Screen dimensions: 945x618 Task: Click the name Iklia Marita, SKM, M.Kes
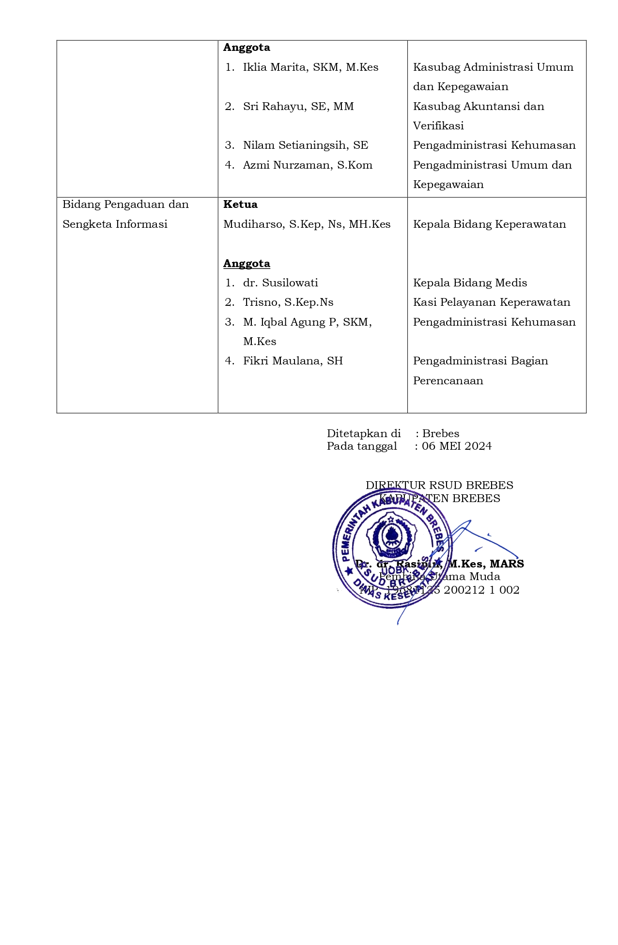click(x=310, y=67)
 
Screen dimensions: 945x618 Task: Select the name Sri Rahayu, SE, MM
click(x=298, y=107)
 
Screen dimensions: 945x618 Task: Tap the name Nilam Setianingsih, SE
click(x=306, y=145)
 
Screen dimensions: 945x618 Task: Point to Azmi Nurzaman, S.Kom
click(x=308, y=165)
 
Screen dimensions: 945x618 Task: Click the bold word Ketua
click(x=240, y=205)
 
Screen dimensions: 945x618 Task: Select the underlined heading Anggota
click(x=247, y=264)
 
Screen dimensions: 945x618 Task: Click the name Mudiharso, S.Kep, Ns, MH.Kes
click(x=307, y=224)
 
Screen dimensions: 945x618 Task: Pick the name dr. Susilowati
click(x=280, y=283)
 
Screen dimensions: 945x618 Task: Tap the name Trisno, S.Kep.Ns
click(x=288, y=302)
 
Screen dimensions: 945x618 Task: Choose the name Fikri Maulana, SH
click(x=293, y=361)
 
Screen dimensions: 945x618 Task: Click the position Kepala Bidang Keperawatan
click(x=489, y=224)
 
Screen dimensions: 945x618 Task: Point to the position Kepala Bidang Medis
click(x=470, y=283)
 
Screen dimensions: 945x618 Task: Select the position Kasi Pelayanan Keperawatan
click(x=492, y=302)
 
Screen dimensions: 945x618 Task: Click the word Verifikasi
click(x=438, y=126)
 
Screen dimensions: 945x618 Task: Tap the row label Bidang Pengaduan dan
click(x=125, y=205)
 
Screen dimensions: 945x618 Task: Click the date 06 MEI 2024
click(x=457, y=446)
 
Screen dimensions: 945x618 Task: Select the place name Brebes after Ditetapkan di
click(x=441, y=434)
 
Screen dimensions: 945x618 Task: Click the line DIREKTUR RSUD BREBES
click(x=439, y=486)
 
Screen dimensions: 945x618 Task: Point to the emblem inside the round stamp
click(x=391, y=536)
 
